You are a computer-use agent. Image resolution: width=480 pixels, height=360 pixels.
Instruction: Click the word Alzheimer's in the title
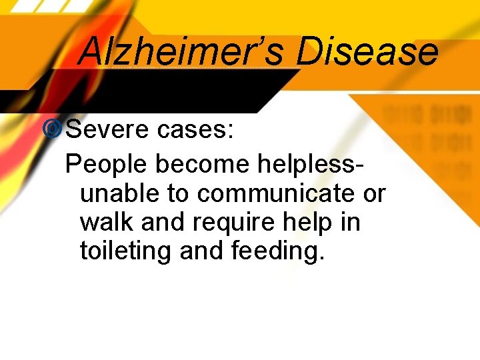click(x=182, y=51)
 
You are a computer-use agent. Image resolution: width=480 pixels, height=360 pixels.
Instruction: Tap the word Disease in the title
click(x=367, y=51)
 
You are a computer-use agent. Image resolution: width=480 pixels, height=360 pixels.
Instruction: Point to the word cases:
click(x=196, y=130)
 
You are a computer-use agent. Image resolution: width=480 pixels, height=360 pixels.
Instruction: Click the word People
click(x=107, y=163)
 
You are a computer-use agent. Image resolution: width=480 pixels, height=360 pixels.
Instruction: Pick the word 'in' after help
click(x=351, y=222)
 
